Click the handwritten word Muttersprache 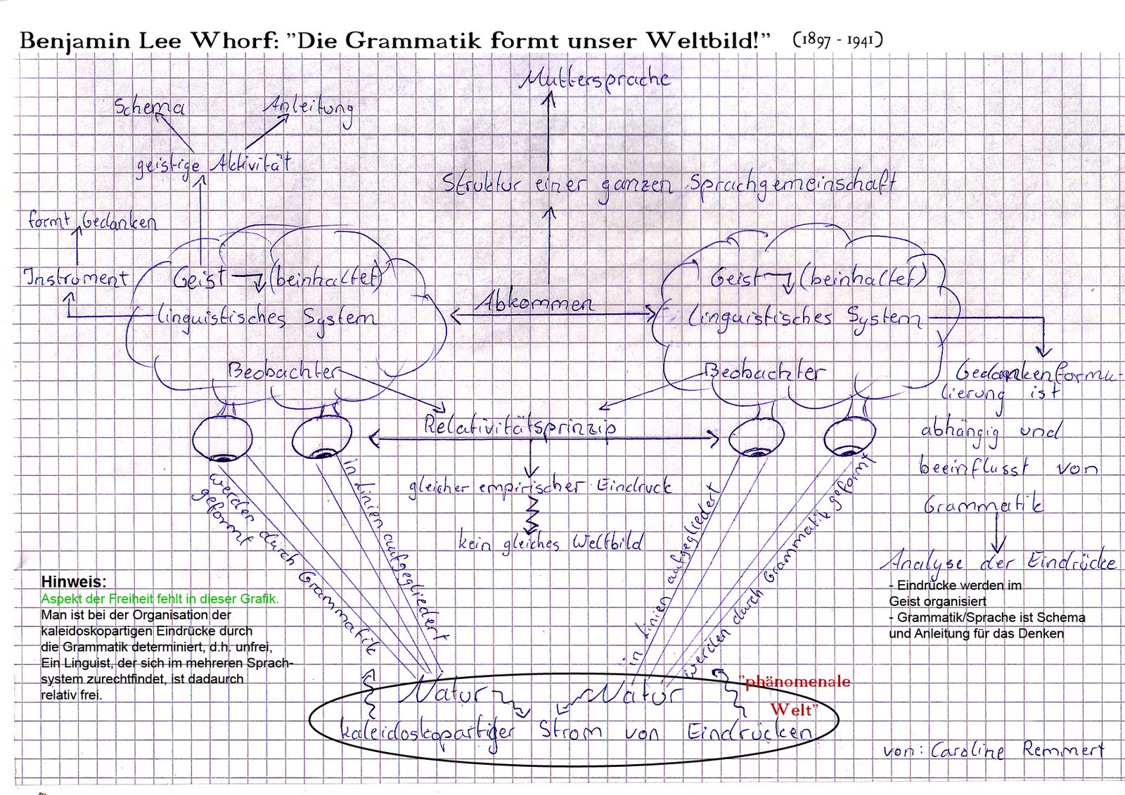594,79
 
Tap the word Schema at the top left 150,107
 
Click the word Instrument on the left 77,278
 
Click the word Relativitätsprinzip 520,425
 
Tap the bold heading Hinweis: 74,582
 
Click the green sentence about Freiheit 160,599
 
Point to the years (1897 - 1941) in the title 837,40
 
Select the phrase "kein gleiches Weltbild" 551,543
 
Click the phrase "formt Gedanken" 92,221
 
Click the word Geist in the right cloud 735,278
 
